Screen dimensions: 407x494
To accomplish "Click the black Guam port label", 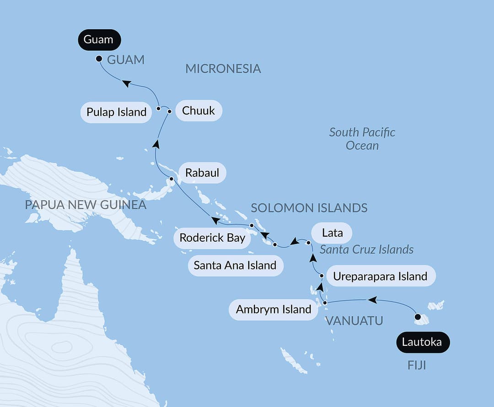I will (98, 40).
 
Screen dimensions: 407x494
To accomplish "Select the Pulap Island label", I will (116, 112).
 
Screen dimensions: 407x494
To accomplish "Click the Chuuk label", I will (198, 111).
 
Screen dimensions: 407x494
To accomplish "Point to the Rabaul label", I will (202, 173).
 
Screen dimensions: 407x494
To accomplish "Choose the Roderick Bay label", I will (212, 238).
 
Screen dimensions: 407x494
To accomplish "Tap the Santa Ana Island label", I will (235, 265).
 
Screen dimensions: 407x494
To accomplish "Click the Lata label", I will (332, 233).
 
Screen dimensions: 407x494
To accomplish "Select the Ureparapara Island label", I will (380, 276).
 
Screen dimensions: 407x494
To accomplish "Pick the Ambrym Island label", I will (274, 309).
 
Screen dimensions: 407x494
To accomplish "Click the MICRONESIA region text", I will (223, 69).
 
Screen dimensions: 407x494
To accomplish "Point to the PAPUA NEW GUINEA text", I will (86, 205).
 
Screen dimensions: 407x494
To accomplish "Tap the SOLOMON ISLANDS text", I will (309, 208).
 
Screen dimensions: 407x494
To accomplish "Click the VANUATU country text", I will (354, 321).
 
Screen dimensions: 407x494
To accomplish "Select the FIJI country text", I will (416, 366).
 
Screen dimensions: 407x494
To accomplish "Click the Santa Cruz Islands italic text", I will (366, 249).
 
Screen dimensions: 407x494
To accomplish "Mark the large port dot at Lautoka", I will (418, 317).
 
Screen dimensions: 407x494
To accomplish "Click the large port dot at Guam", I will (99, 58).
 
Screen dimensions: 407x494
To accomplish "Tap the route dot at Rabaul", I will (172, 179).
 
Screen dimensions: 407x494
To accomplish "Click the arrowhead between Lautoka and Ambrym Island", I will (373, 300).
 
